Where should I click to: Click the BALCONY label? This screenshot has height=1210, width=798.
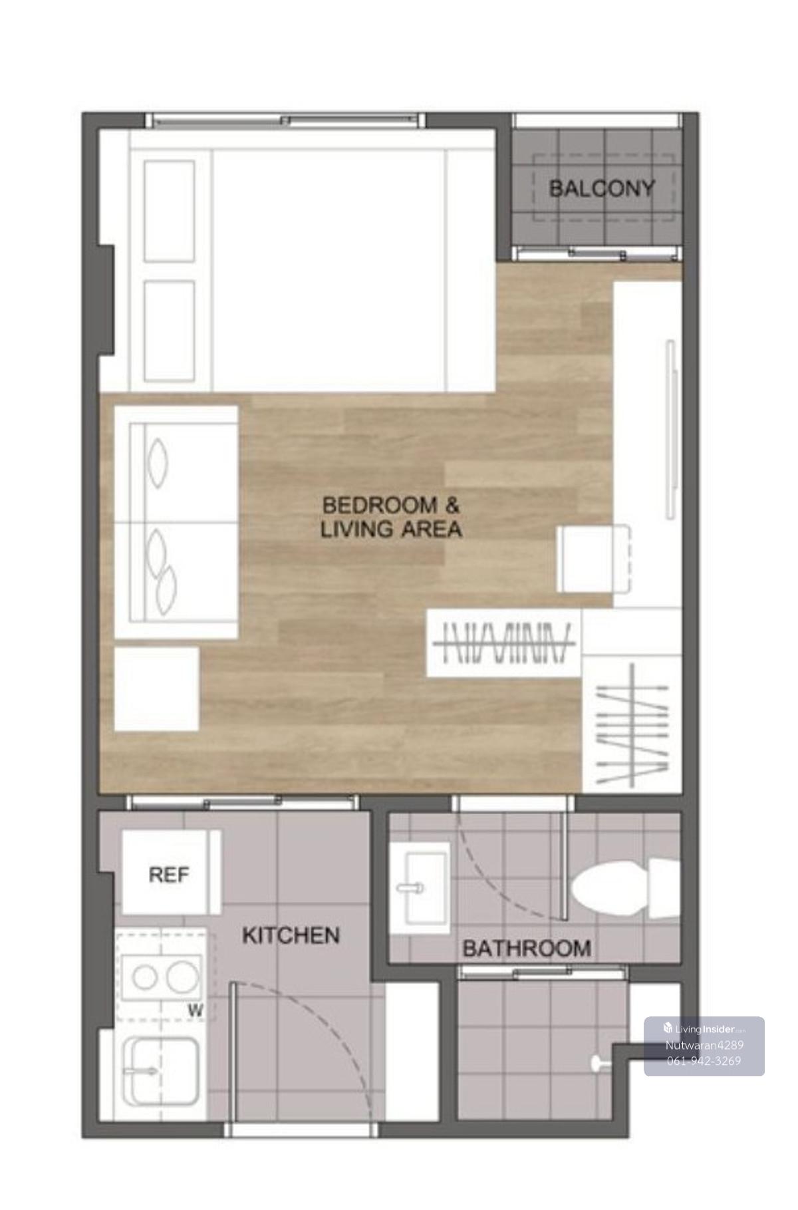click(601, 189)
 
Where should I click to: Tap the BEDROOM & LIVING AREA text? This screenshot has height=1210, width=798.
click(391, 517)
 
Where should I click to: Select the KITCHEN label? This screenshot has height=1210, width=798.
click(291, 935)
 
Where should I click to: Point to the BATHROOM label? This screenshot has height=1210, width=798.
click(527, 948)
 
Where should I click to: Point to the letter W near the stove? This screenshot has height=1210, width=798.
click(196, 1010)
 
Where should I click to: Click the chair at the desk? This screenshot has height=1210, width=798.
click(593, 558)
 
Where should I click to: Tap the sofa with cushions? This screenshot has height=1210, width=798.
click(176, 522)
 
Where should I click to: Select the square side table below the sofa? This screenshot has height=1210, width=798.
click(157, 689)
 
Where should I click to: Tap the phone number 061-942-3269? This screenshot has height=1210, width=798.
click(704, 1060)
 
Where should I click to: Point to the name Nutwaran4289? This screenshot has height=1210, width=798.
click(704, 1045)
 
